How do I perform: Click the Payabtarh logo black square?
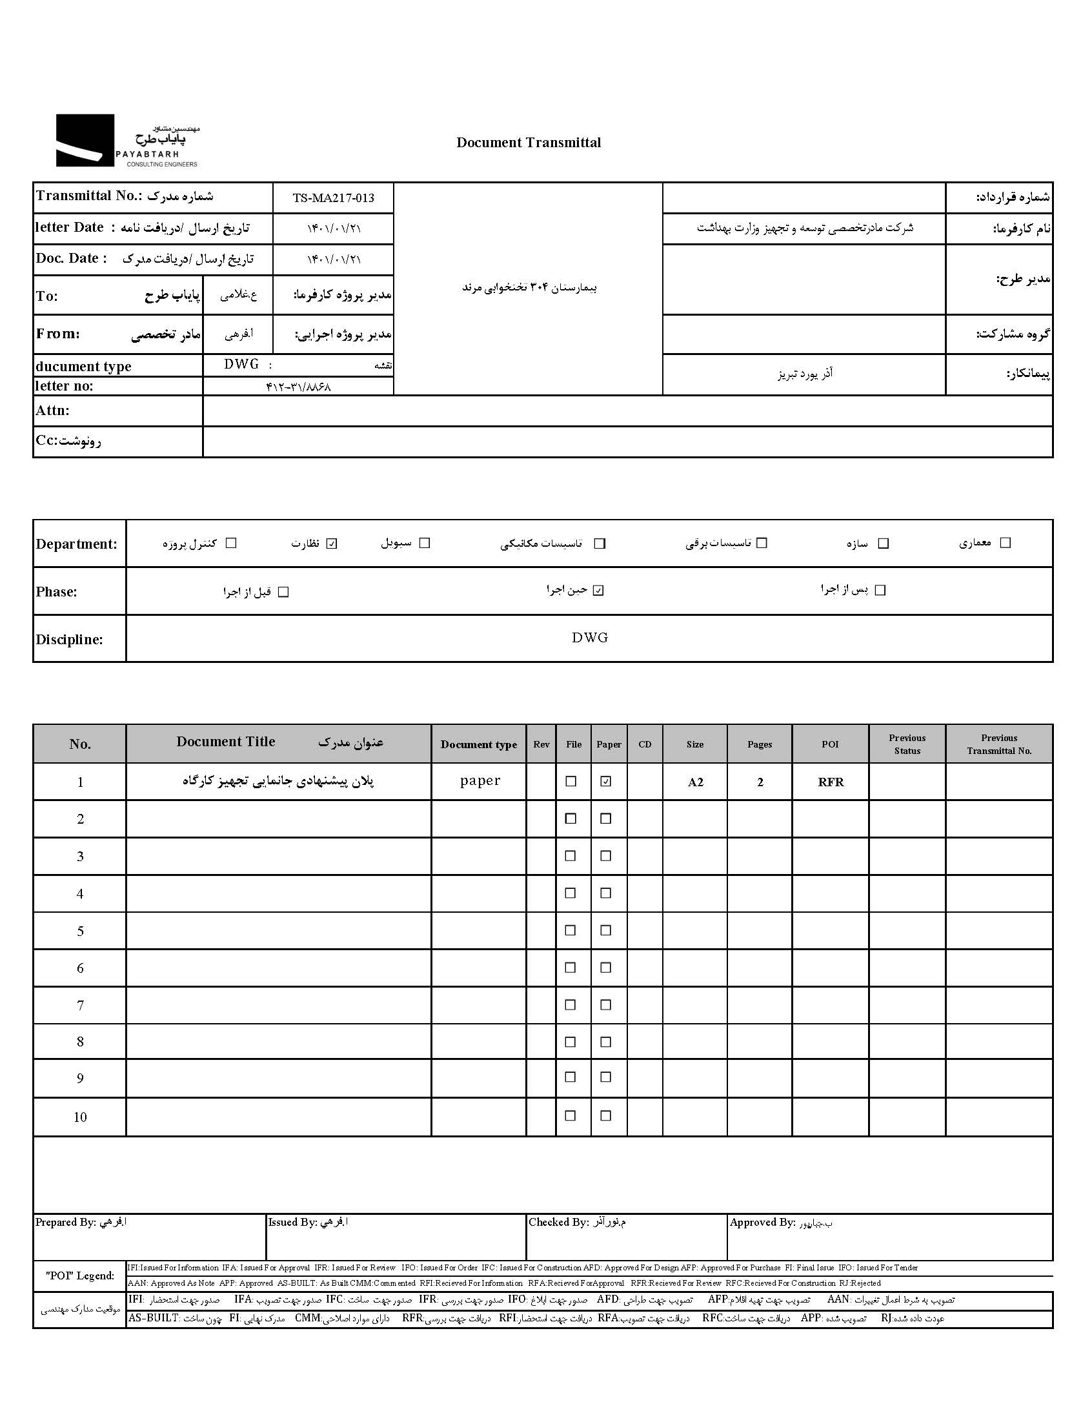coord(85,140)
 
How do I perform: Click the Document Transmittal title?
coord(528,143)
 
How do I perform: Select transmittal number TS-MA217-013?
coord(333,198)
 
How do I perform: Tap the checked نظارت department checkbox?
coord(332,544)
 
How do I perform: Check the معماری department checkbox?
coord(1005,543)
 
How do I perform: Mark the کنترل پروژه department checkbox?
coord(231,544)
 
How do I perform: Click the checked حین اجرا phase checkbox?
coord(598,590)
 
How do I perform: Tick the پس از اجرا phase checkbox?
coord(880,590)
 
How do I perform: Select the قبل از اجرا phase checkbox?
coord(283,592)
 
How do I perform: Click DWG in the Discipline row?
coord(589,638)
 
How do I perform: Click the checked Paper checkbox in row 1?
coord(605,782)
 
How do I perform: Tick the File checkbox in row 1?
coord(571,782)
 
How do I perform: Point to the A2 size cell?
coord(695,782)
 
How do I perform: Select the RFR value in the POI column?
coord(831,782)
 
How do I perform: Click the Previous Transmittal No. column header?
coord(999,744)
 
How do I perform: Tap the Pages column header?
coord(760,745)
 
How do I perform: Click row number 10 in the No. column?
coord(80,1117)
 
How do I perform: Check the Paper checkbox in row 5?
coord(605,930)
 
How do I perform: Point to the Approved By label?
coord(762,1222)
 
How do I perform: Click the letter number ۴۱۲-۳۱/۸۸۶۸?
coord(298,387)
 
